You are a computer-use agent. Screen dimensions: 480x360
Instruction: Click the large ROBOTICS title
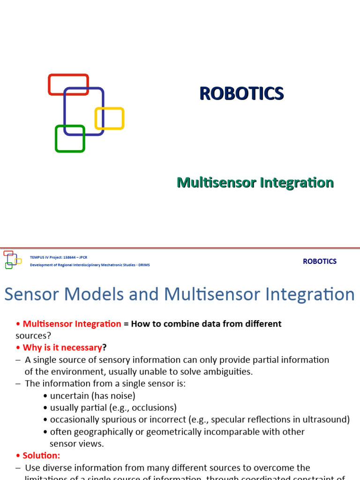coord(241,94)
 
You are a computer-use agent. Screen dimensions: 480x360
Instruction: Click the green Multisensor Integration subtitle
coord(255,182)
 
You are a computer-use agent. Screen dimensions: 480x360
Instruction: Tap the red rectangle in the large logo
coord(68,77)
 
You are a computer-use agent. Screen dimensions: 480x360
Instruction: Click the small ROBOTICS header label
coord(320,262)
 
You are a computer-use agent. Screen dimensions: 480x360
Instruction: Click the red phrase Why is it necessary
coord(62,348)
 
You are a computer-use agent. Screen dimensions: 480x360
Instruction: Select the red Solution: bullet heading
coord(41,456)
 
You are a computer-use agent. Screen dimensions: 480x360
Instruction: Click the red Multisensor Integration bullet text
coord(72,324)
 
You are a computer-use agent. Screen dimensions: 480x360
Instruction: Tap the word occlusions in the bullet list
coord(155,408)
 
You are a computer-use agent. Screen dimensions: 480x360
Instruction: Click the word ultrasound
coord(328,420)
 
